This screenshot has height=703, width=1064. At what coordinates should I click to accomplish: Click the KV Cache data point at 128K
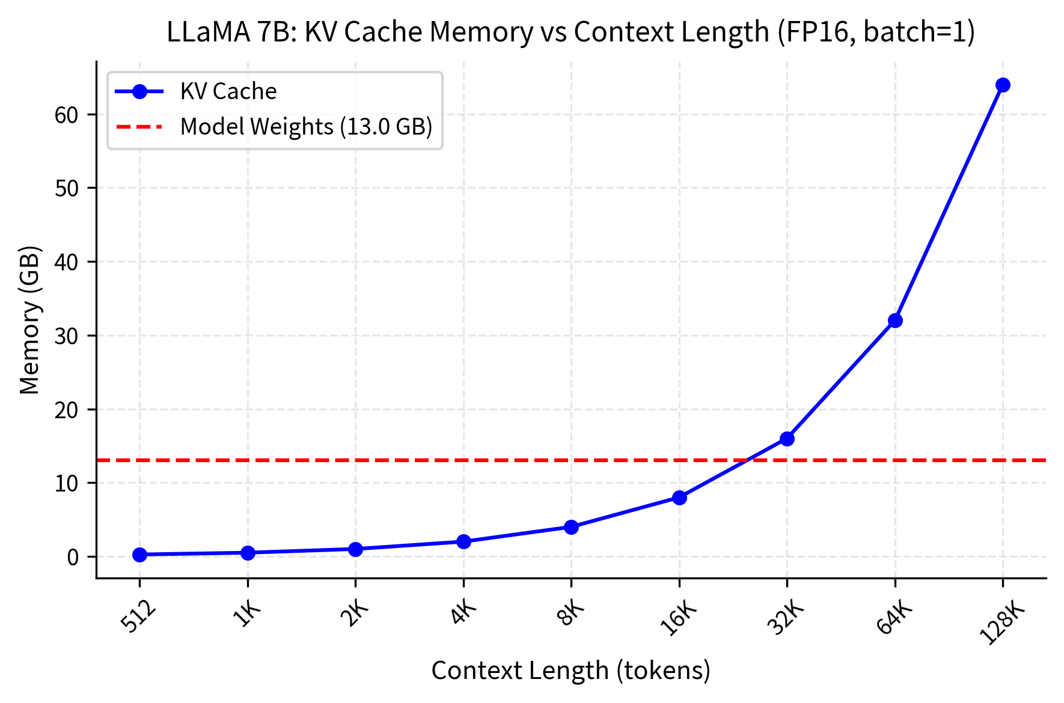pos(1003,85)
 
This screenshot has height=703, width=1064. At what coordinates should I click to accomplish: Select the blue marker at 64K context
pos(895,320)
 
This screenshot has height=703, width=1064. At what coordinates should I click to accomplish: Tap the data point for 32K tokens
pos(787,439)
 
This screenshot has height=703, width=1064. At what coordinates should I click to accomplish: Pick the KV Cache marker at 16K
pos(679,498)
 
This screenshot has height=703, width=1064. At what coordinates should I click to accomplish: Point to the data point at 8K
pos(571,527)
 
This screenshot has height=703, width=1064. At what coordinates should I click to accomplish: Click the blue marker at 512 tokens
pos(139,555)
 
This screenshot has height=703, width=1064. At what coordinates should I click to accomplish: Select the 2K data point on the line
pos(355,549)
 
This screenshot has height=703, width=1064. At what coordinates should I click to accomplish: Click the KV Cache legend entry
pos(228,91)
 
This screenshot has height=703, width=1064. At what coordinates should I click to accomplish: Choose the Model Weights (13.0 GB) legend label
pos(306,127)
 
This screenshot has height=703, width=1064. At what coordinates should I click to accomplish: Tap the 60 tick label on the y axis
pos(67,115)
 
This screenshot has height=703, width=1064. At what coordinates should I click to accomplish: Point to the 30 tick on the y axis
pos(67,336)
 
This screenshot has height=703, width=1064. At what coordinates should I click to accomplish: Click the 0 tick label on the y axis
pos(73,558)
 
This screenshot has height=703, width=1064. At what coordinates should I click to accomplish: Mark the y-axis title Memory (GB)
pos(29,320)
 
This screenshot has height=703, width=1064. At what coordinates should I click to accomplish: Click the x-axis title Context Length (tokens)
pos(570,671)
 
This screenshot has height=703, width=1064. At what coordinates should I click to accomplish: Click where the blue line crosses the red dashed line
pos(747,460)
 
